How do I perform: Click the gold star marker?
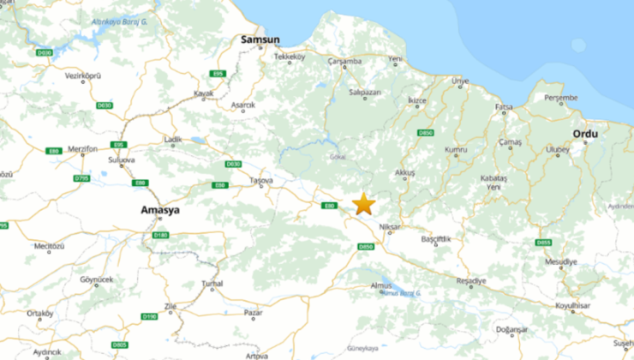click(364, 203)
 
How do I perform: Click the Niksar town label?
click(390, 217)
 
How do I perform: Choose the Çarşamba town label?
click(346, 62)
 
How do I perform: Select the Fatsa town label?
click(504, 107)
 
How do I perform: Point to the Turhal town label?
click(212, 283)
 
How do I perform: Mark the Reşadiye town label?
click(470, 280)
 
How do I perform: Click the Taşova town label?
click(260, 181)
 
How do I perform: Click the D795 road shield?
click(81, 177)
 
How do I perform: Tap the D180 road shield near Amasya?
click(160, 235)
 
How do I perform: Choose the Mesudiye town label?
click(561, 261)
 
